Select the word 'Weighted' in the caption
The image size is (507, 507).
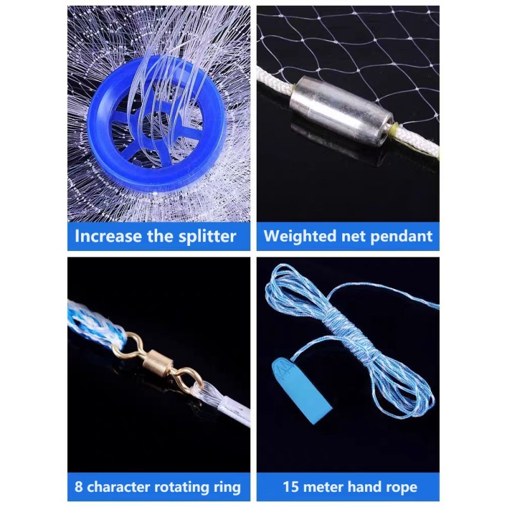coord(297,236)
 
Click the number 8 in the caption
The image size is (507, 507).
coord(79,487)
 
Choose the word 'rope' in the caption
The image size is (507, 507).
coord(399,487)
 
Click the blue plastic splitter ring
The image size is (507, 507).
coord(114,171)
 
